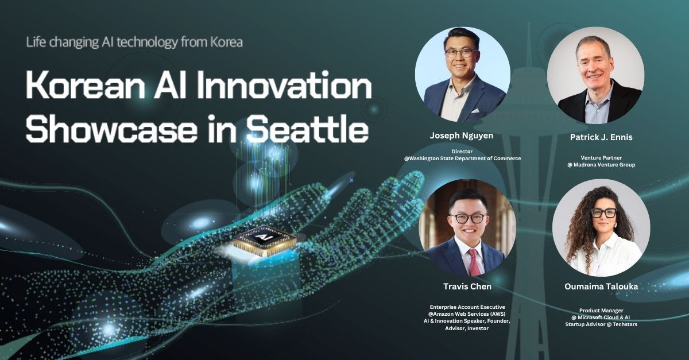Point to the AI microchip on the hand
tap(265, 241)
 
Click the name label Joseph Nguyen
tap(462, 136)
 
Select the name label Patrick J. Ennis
tap(601, 137)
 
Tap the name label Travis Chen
tap(467, 287)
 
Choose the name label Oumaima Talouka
tap(601, 287)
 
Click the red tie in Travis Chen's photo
tap(474, 262)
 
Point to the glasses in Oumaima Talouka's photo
tap(603, 213)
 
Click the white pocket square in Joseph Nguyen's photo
tap(475, 110)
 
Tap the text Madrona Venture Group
tap(604, 165)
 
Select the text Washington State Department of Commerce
tap(465, 158)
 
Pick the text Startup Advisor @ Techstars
tap(601, 324)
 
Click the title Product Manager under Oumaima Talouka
tap(601, 311)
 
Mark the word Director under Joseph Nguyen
tap(462, 152)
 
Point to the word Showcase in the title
tap(111, 128)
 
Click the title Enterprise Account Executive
tap(467, 307)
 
